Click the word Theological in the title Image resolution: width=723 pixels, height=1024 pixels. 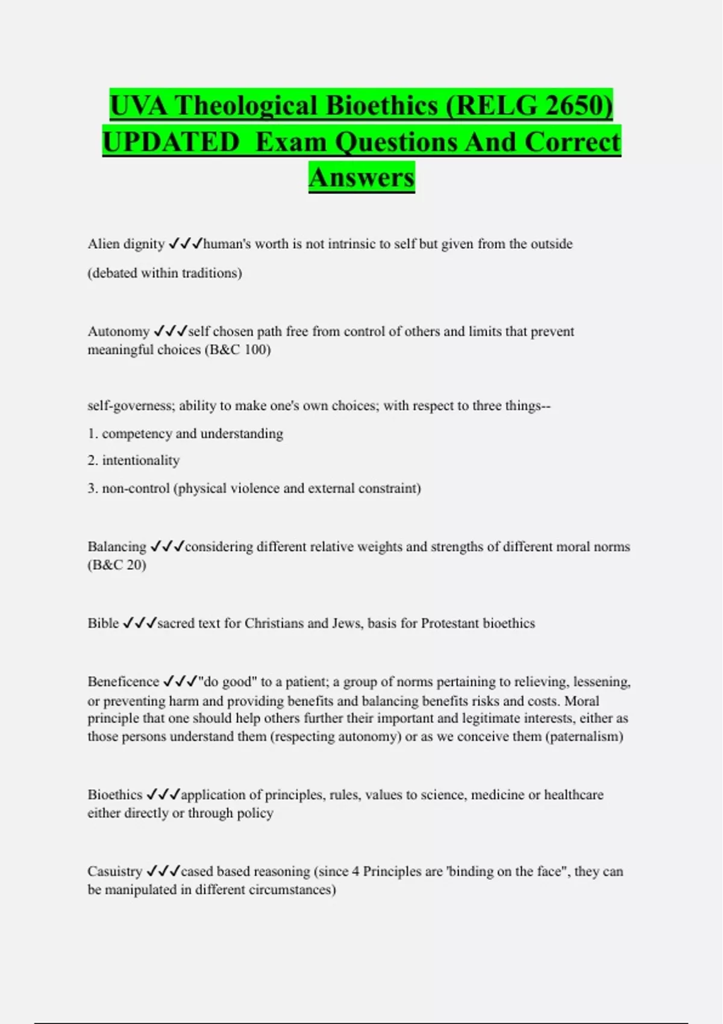(247, 106)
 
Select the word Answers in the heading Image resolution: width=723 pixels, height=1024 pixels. (361, 178)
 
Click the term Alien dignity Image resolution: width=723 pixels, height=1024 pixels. (126, 244)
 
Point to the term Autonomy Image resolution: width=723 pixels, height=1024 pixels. (118, 331)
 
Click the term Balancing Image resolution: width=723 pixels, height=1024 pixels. (117, 547)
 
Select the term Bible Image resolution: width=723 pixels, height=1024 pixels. (103, 623)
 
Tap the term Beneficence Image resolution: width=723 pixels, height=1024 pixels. (124, 682)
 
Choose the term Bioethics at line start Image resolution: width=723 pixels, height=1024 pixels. (115, 795)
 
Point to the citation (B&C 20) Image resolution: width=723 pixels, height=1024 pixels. (117, 565)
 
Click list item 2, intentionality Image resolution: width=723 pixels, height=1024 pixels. (140, 461)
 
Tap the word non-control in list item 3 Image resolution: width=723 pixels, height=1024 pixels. (136, 489)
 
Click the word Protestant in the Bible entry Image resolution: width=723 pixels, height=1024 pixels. (449, 623)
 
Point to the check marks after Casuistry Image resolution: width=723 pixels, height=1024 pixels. (163, 871)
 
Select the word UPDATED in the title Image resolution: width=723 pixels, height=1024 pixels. (171, 142)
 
